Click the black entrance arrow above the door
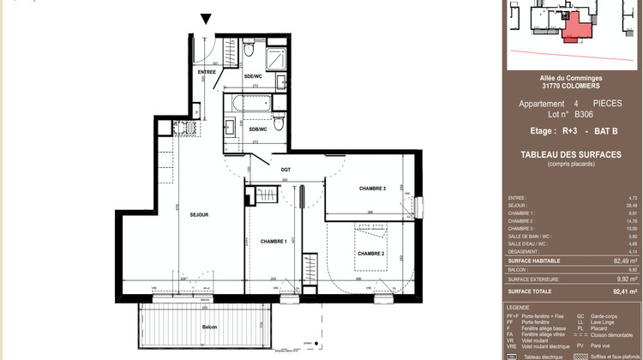click(206, 18)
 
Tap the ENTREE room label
click(207, 72)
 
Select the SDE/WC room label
click(254, 75)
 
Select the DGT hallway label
click(285, 170)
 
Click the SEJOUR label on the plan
click(200, 214)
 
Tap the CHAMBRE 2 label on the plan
click(370, 254)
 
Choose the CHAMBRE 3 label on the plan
click(372, 189)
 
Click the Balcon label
click(209, 327)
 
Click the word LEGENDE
click(518, 307)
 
